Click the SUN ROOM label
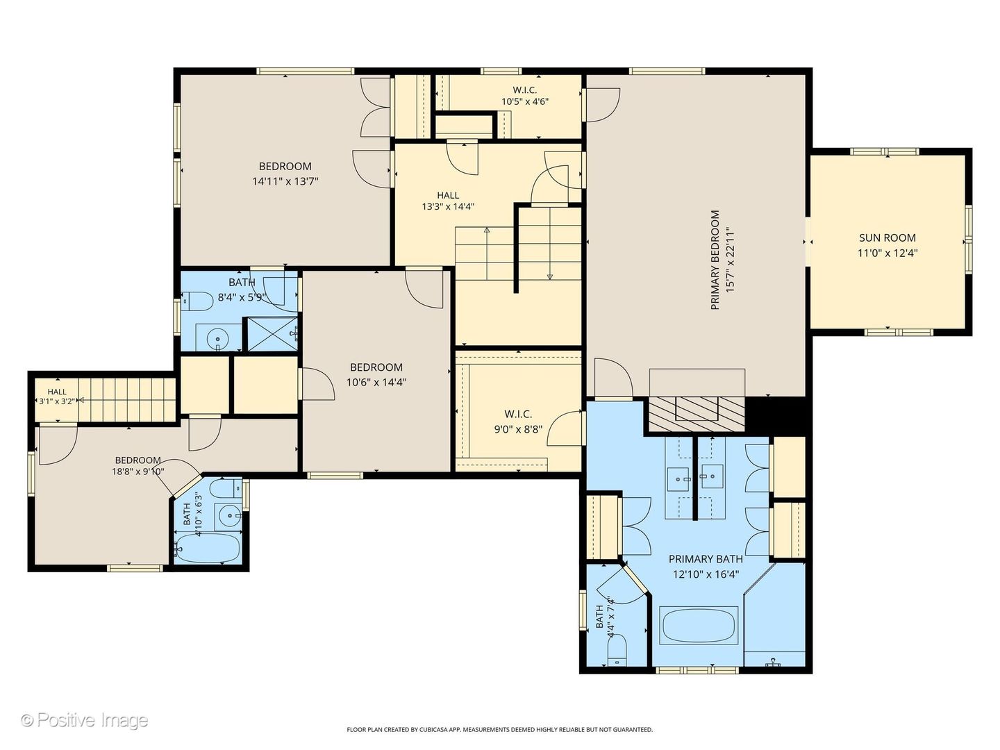(x=887, y=237)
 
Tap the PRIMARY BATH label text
(x=706, y=559)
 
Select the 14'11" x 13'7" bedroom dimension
(x=285, y=181)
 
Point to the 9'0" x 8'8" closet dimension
(x=519, y=429)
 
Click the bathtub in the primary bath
(x=698, y=625)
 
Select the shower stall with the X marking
(x=272, y=334)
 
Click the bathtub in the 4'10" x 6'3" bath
(x=207, y=549)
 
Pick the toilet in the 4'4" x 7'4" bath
(x=617, y=650)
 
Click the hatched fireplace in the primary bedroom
(x=697, y=414)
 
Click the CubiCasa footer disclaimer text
(x=500, y=729)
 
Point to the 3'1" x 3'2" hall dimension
(x=57, y=401)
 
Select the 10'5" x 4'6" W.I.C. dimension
(x=525, y=101)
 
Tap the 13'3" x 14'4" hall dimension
(x=449, y=206)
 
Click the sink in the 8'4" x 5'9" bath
(x=218, y=339)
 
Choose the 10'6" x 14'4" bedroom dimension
(x=376, y=382)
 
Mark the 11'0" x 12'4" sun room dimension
(x=887, y=253)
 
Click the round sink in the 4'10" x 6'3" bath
(x=229, y=516)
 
